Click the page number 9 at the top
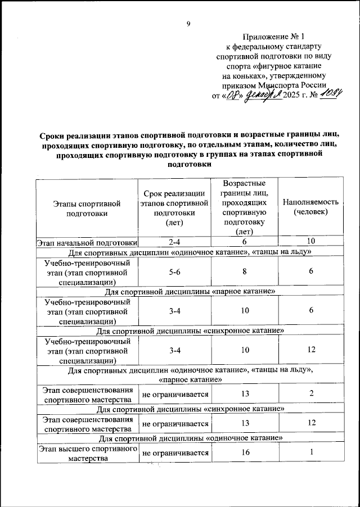pyautogui.click(x=189, y=24)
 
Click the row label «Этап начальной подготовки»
pyautogui.click(x=87, y=242)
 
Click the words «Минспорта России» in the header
pyautogui.click(x=287, y=84)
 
